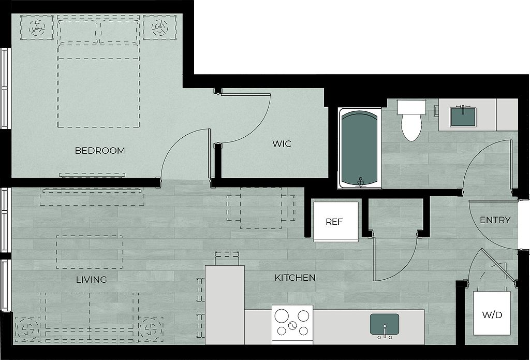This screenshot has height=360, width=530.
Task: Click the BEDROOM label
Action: tap(100, 151)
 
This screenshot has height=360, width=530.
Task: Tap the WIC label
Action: tap(282, 144)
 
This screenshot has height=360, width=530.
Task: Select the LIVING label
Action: tap(91, 280)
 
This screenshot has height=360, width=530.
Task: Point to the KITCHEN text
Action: tap(295, 278)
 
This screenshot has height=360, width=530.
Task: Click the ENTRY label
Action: tap(495, 220)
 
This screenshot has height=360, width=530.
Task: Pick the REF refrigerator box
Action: tap(335, 222)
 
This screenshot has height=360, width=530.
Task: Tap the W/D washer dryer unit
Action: tap(492, 313)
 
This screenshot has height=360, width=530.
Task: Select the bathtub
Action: tap(360, 148)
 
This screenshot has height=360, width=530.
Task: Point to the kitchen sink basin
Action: tap(385, 324)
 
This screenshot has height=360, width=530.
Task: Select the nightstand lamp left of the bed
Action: tap(37, 27)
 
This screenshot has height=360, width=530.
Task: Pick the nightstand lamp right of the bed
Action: tap(159, 27)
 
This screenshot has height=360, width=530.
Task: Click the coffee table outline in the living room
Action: tap(89, 252)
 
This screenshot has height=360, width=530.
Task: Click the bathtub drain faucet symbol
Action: tap(361, 182)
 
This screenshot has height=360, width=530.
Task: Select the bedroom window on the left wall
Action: tap(4, 88)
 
